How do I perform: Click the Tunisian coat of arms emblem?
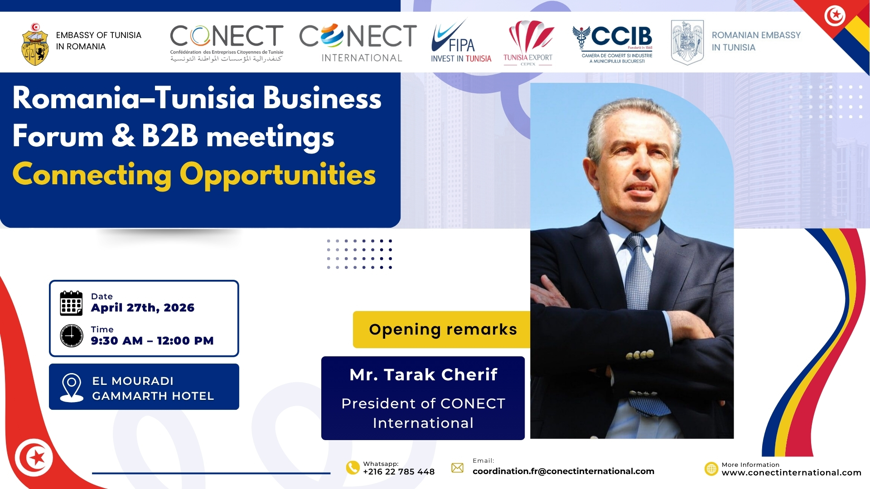click(35, 44)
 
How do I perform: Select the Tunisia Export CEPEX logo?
click(528, 43)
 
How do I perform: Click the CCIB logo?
click(613, 44)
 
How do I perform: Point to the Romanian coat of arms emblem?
click(687, 43)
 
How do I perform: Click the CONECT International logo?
click(358, 43)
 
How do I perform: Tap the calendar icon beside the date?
click(71, 303)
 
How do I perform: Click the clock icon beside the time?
click(72, 336)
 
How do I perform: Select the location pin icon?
click(72, 388)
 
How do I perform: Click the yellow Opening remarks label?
click(442, 330)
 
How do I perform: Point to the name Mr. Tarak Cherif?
click(424, 374)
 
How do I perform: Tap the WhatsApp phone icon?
click(353, 468)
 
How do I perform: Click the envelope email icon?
click(458, 468)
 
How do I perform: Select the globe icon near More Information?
click(711, 469)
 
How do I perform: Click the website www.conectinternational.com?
click(791, 473)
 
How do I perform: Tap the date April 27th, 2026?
click(143, 308)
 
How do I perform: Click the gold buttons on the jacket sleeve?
click(640, 355)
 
